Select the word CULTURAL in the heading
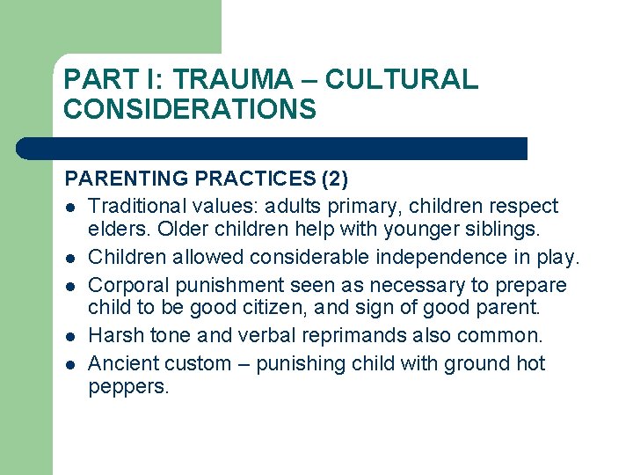pyautogui.click(x=401, y=80)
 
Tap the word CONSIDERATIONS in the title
pyautogui.click(x=189, y=109)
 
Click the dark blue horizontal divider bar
pyautogui.click(x=273, y=149)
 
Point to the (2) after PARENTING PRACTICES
pyautogui.click(x=334, y=179)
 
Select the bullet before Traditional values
pyautogui.click(x=69, y=208)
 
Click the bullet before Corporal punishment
pyautogui.click(x=69, y=286)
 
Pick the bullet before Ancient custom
pyautogui.click(x=69, y=364)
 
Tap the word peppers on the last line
pyautogui.click(x=127, y=388)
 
